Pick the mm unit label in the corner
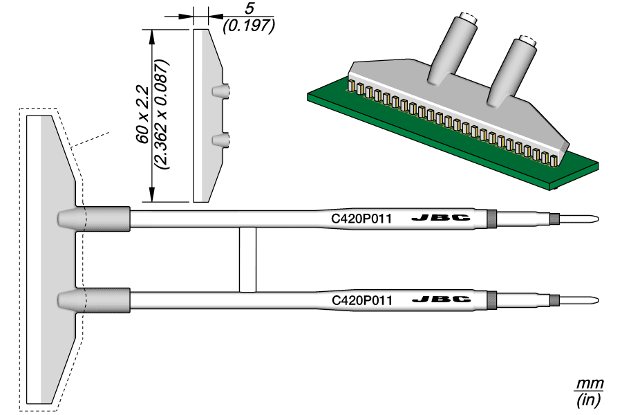click(x=590, y=384)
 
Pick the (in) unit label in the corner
click(x=590, y=399)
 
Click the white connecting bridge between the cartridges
click(x=247, y=259)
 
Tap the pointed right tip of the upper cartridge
click(x=592, y=220)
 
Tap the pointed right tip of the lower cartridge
click(x=592, y=301)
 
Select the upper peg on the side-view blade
click(x=220, y=91)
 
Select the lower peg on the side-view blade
click(x=220, y=140)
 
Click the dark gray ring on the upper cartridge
click(x=492, y=219)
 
